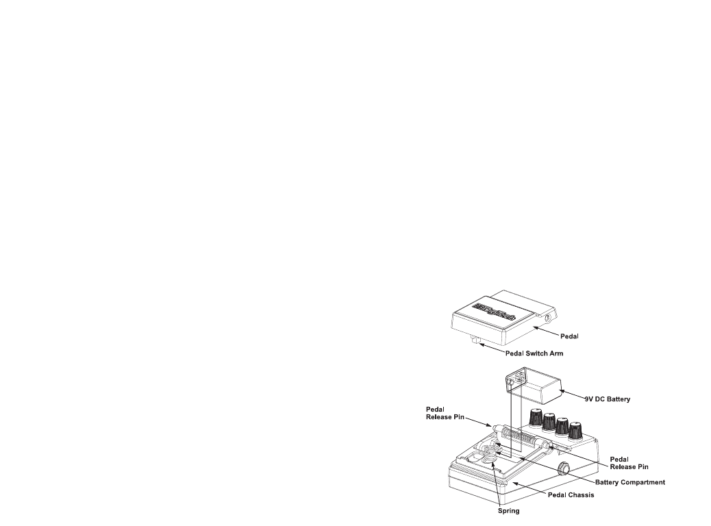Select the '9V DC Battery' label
606,398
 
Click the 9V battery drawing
538,388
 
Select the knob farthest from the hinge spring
575,429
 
